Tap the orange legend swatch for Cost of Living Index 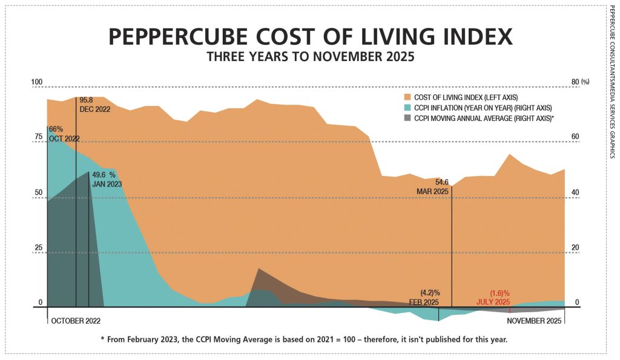point(407,97)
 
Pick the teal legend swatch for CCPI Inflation point(407,108)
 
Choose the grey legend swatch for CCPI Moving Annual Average point(407,119)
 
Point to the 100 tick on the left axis point(37,82)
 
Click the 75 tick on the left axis point(38,137)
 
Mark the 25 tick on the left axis point(38,247)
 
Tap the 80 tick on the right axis point(576,82)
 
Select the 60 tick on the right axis point(576,137)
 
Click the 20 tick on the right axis point(576,247)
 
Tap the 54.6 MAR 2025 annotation point(434,186)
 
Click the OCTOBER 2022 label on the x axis point(76,319)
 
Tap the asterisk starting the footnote point(104,339)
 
